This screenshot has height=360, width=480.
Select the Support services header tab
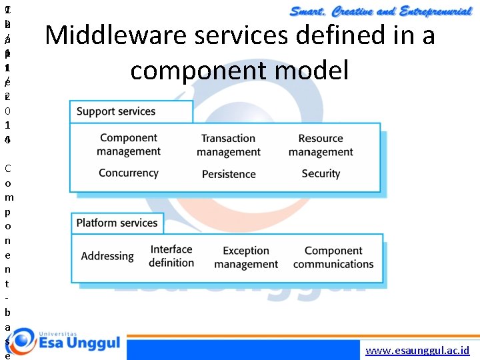point(116,112)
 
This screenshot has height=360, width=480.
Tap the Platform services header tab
point(117,223)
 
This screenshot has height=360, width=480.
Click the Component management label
point(129,145)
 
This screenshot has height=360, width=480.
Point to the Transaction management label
point(229,145)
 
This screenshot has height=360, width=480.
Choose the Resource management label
point(321,145)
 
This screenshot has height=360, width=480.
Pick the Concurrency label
point(129,173)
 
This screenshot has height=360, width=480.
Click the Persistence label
point(229,174)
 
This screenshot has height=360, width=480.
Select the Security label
point(321,173)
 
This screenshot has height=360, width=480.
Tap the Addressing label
point(107,256)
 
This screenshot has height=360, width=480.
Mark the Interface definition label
point(171,256)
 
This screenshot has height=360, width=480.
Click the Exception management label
point(246,257)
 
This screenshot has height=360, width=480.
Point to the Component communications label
point(333,257)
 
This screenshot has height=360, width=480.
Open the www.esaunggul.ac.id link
point(418,351)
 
